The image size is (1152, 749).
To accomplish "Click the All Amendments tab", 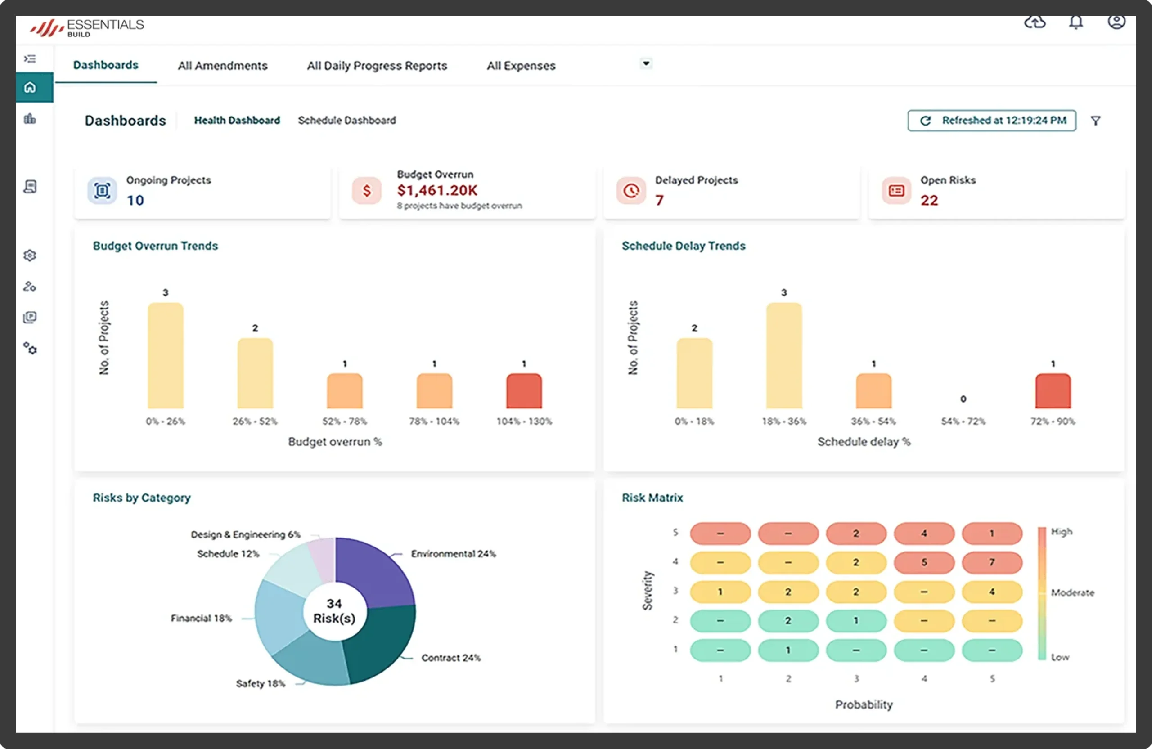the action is (x=223, y=65).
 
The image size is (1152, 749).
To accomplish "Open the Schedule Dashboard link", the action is (x=347, y=120).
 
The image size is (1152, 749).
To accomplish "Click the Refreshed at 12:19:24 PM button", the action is (x=992, y=121).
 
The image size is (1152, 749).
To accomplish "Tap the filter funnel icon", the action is (x=1096, y=121).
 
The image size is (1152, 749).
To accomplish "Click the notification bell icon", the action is (x=1076, y=22).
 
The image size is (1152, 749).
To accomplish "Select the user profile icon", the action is (x=1116, y=21).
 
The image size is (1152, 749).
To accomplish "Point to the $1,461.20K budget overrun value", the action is (x=437, y=191).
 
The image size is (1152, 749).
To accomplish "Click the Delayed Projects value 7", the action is (x=659, y=200).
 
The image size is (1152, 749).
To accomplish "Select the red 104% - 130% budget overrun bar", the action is (x=524, y=391).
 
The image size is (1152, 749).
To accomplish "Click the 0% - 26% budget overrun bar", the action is (x=166, y=356).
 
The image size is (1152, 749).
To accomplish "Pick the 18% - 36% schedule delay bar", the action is (x=784, y=356).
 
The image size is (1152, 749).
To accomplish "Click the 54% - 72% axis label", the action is (x=963, y=422).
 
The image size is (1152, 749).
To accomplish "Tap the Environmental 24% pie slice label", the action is (x=454, y=553).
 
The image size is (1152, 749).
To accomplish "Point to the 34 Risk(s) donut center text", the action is (x=334, y=610).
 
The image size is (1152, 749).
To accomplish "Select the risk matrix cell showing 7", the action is (x=992, y=562).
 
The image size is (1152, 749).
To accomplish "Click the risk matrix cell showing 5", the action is (x=924, y=562).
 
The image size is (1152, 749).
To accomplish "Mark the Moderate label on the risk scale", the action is (x=1073, y=592).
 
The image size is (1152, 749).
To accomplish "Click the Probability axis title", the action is (x=864, y=704).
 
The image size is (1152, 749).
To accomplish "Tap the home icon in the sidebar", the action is (x=30, y=87).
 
